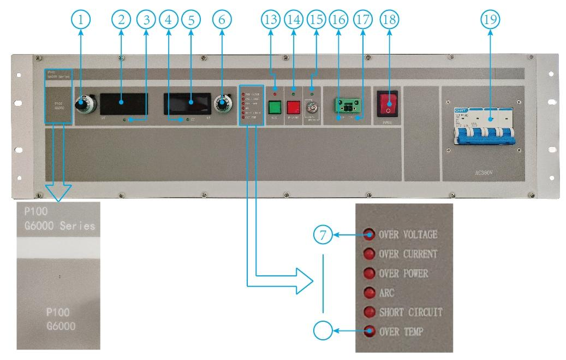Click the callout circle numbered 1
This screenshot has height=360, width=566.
pos(81,20)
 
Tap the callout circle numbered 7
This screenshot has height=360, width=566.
pos(324,235)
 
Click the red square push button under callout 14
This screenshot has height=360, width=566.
pos(294,106)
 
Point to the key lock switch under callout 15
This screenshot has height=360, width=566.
pos(313,106)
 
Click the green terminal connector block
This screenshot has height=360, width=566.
pos(345,105)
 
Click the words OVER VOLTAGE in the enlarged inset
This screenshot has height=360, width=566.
pos(408,235)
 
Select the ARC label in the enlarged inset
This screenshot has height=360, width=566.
pos(386,293)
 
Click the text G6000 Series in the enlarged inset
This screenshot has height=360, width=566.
pos(56,226)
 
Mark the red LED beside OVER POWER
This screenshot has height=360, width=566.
pos(370,273)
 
